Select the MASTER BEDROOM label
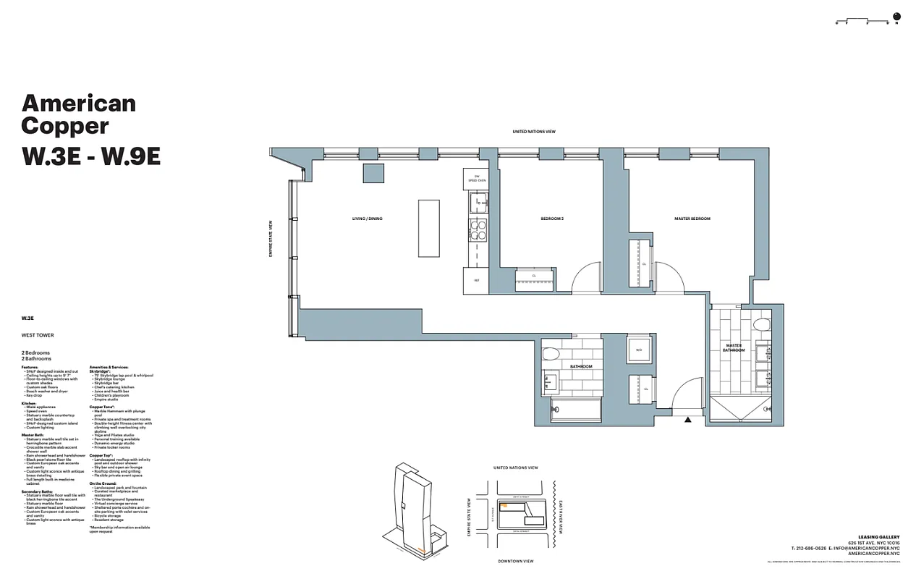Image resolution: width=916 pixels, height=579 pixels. click(692, 219)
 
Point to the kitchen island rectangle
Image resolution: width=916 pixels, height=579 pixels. click(428, 228)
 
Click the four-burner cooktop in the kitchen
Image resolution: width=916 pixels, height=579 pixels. click(478, 230)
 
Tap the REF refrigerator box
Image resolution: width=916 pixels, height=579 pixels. click(476, 280)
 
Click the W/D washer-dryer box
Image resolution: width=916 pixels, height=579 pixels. click(639, 350)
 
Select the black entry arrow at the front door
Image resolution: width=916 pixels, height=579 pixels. click(687, 419)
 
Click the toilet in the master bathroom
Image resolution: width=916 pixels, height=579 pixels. click(760, 324)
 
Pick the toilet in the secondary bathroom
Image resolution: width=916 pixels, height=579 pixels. click(551, 355)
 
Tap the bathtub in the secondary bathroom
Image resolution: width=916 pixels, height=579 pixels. click(576, 409)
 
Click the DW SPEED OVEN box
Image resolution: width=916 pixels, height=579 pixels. click(477, 179)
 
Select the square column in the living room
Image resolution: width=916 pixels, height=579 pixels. click(373, 173)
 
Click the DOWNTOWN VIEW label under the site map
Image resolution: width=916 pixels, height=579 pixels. click(515, 561)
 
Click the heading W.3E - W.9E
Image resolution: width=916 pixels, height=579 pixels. click(90, 156)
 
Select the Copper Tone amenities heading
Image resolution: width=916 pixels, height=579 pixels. click(101, 407)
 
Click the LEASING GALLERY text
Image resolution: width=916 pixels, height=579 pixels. click(878, 537)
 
